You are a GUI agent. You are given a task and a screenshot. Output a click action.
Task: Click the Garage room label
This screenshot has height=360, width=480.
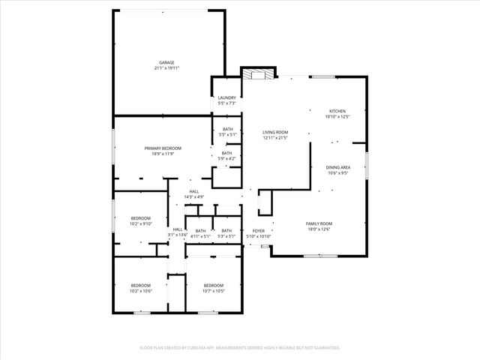(x=166, y=62)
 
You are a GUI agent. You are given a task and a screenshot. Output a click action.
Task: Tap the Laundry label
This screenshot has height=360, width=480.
(x=226, y=97)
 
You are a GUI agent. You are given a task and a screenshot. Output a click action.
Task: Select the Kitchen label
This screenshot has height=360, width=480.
(x=337, y=111)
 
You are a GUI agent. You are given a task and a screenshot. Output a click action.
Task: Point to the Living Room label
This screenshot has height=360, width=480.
(x=275, y=132)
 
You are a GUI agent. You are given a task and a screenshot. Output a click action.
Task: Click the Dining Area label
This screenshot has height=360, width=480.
(x=337, y=167)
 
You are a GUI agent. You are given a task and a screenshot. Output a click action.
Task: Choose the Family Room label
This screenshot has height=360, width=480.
(x=319, y=223)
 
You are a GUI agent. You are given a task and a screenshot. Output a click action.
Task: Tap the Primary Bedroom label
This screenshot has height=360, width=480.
(x=163, y=148)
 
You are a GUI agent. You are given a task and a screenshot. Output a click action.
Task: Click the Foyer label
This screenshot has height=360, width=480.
(x=258, y=231)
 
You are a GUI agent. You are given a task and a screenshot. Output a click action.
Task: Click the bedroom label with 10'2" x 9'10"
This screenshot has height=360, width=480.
(x=141, y=219)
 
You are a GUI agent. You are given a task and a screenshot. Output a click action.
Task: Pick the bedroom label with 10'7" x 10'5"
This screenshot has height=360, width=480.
(x=214, y=285)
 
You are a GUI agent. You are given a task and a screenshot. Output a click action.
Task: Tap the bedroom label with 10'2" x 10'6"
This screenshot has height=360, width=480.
(x=141, y=285)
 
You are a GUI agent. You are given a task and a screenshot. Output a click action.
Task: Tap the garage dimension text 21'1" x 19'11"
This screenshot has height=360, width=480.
(x=166, y=68)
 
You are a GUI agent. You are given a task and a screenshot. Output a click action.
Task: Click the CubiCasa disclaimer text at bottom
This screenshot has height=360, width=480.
(x=240, y=348)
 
